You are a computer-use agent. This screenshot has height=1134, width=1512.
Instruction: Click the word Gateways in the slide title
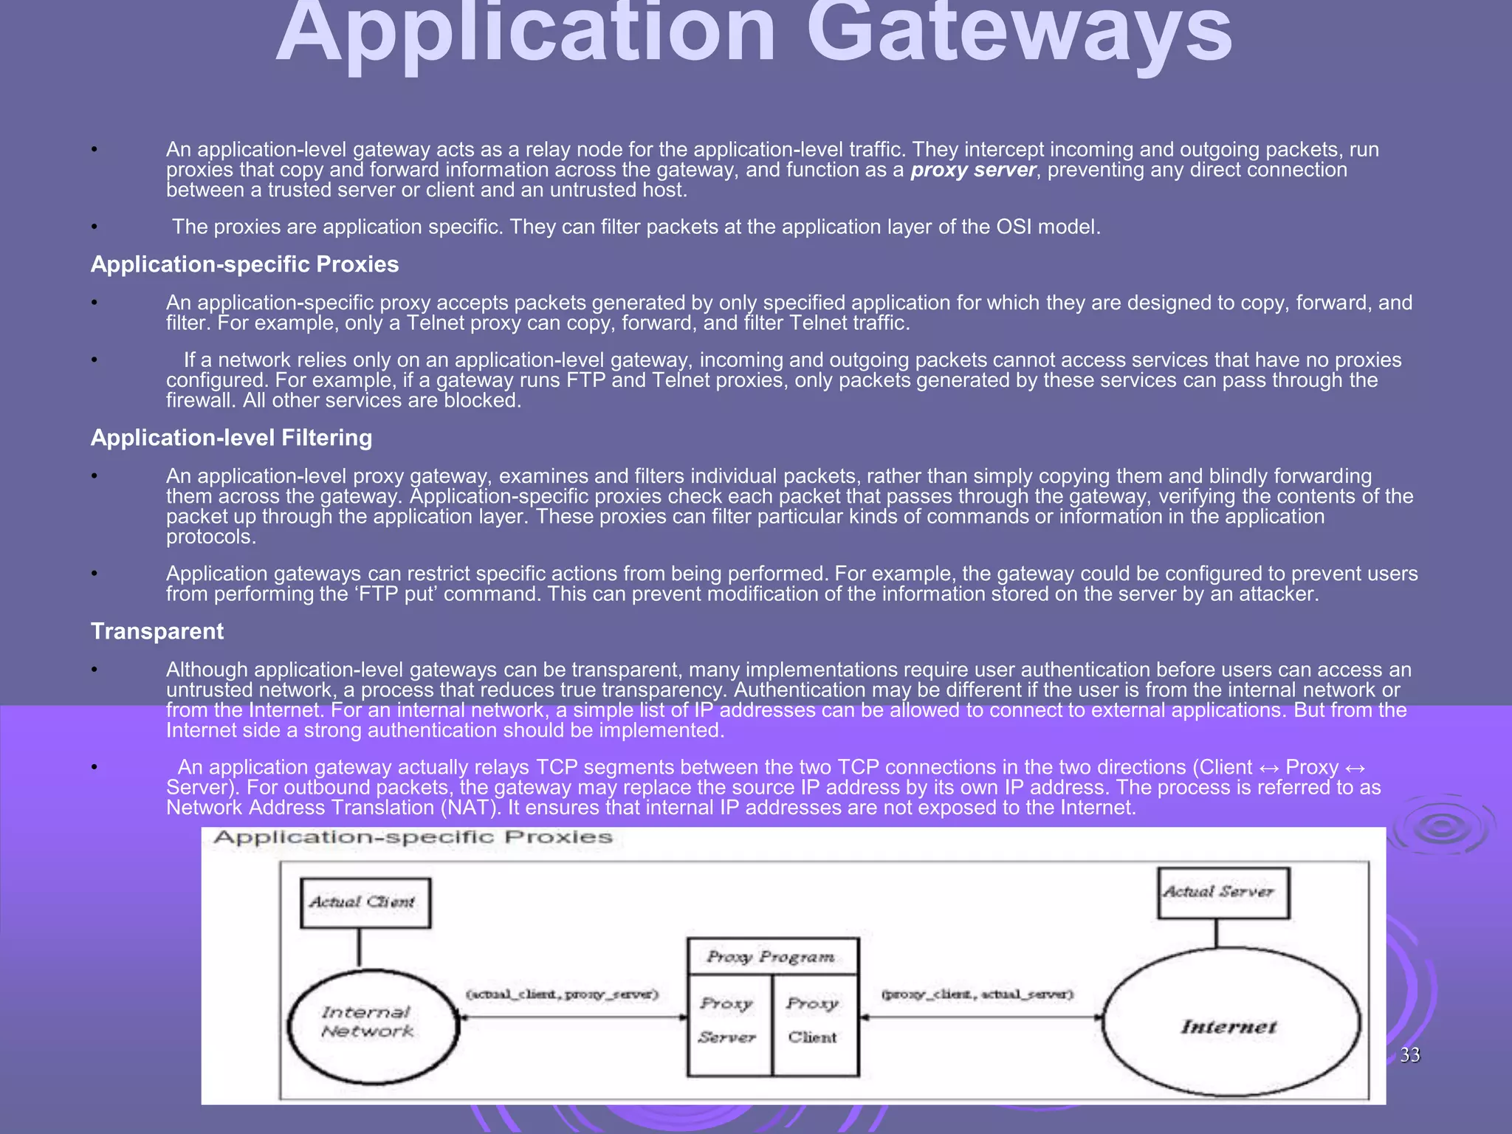(1019, 33)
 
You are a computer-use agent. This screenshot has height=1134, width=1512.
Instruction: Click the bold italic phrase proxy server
(973, 171)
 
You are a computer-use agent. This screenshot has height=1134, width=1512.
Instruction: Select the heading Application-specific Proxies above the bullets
(244, 264)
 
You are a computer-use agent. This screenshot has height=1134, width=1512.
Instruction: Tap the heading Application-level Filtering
(231, 438)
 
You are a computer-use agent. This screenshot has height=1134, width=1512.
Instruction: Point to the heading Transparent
(157, 631)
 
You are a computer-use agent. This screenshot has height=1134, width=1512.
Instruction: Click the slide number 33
(1410, 1055)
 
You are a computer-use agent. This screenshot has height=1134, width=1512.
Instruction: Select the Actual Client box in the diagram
(365, 902)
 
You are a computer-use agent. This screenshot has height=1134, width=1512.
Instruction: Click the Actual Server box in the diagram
(1223, 893)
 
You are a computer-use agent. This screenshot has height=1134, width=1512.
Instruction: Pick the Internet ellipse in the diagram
(1231, 1027)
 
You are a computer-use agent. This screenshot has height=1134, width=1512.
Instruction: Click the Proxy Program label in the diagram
(772, 957)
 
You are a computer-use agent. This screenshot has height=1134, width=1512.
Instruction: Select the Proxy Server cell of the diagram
(728, 1021)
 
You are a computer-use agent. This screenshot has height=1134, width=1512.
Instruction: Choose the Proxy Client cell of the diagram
(814, 1021)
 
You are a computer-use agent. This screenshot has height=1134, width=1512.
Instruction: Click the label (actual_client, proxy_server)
(563, 994)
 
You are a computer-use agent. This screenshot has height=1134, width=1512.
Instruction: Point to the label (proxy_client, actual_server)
(978, 994)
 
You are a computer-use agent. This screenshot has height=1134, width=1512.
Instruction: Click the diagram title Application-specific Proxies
(413, 838)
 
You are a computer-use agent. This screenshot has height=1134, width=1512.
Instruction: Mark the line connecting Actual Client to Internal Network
(360, 948)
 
